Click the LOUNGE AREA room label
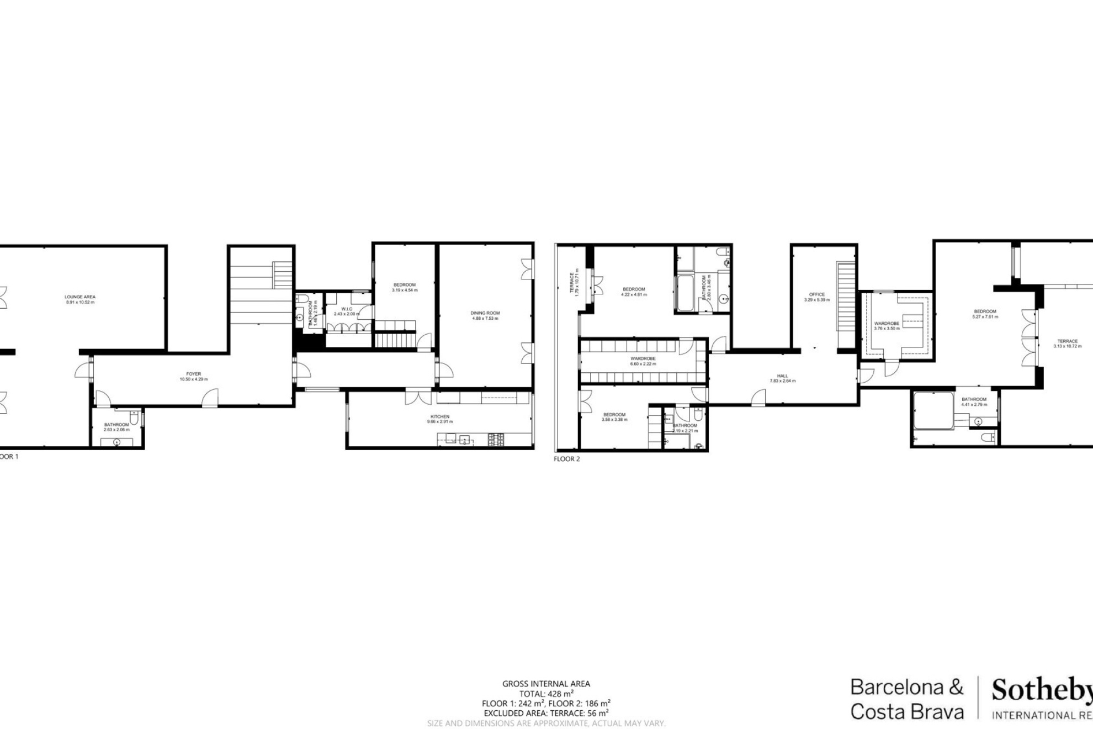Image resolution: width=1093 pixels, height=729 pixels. click(80, 299)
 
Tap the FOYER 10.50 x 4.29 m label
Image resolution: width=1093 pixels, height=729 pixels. click(194, 377)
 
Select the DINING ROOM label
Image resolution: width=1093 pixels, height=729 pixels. click(485, 315)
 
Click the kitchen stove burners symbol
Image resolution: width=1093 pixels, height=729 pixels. click(496, 440)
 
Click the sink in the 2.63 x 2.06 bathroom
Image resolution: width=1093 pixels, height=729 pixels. click(116, 442)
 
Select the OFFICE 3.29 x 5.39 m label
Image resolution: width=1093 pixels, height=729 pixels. click(817, 297)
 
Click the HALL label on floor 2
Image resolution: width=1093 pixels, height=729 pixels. click(783, 378)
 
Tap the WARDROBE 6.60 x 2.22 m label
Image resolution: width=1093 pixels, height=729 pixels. click(643, 361)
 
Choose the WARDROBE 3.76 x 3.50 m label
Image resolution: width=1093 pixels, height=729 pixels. click(887, 326)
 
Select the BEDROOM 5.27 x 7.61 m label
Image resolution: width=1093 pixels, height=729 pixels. click(985, 314)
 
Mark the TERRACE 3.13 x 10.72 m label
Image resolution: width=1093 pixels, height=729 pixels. click(1068, 344)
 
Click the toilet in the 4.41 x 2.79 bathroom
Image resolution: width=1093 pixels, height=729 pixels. click(988, 437)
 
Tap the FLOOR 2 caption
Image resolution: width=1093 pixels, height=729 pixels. click(567, 459)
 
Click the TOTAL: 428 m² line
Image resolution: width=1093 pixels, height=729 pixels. click(546, 694)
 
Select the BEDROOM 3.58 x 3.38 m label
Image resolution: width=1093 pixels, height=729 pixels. click(614, 417)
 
